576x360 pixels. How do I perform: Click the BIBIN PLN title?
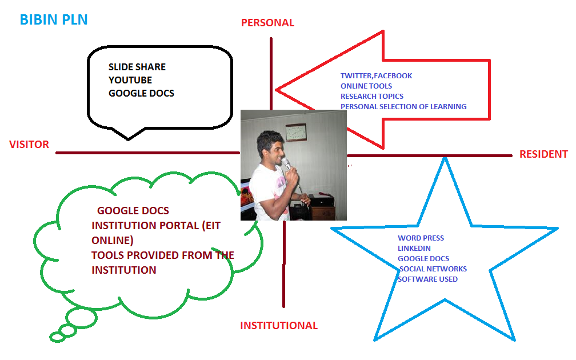tap(54, 19)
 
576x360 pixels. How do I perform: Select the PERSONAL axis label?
tap(267, 23)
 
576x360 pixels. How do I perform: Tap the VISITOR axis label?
tap(29, 145)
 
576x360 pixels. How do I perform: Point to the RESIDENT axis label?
tap(543, 154)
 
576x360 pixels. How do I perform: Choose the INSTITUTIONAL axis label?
tap(279, 326)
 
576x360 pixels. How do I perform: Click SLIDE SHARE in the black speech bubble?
tap(137, 67)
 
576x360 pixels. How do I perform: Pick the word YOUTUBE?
tap(130, 80)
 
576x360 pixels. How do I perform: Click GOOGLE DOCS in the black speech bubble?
tap(141, 93)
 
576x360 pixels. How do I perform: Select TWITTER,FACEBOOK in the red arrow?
tap(376, 75)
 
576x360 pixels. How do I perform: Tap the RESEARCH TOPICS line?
tap(372, 96)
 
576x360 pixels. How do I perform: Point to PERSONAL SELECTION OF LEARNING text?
tap(403, 106)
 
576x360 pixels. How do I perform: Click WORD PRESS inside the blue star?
tap(421, 238)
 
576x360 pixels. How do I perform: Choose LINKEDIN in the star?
tap(414, 249)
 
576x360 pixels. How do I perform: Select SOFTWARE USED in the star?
tap(427, 279)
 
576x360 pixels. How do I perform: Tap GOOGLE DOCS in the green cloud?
tap(133, 211)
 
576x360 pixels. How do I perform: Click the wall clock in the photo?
tap(296, 132)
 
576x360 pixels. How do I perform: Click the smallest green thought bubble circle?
tap(58, 337)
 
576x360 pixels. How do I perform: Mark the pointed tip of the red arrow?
tap(276, 90)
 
